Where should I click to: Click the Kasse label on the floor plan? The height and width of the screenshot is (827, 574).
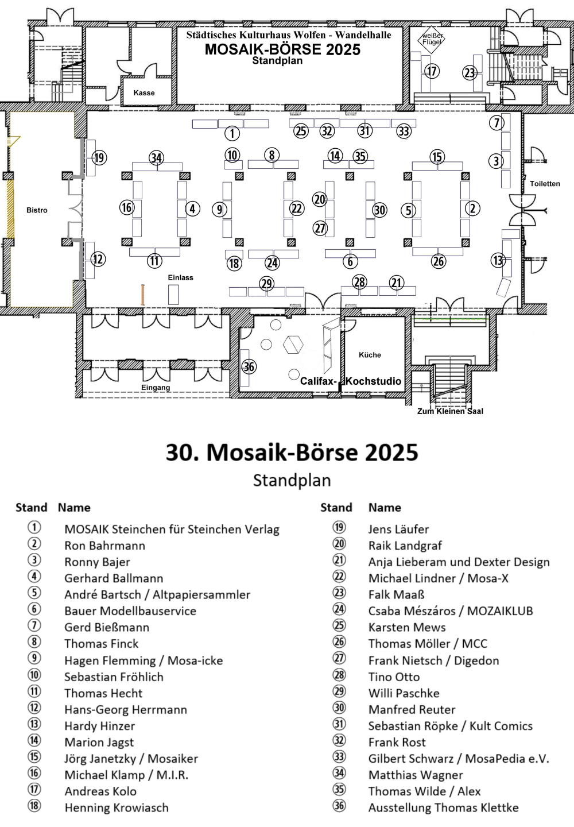tap(144, 92)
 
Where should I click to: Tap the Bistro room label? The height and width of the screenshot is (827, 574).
tap(37, 210)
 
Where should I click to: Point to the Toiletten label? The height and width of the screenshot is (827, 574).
tap(545, 184)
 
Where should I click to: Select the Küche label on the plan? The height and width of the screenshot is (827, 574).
tap(370, 355)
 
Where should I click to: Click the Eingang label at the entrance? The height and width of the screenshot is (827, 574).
tap(156, 388)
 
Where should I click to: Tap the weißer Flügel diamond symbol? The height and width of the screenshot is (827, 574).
tap(431, 39)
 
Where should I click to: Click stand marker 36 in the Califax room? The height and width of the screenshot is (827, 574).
tap(249, 366)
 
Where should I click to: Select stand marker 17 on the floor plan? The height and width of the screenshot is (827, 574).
tap(432, 71)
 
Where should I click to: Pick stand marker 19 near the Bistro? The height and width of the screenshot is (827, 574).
tap(99, 158)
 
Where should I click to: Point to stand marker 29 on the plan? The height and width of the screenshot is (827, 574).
tap(267, 284)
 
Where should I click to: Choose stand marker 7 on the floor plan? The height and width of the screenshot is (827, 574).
tap(497, 122)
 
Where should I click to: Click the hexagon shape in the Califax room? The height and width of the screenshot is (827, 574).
tap(293, 345)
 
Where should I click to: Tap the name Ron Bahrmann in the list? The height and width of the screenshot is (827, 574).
tap(105, 546)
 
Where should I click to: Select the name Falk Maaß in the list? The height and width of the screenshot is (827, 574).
tap(396, 595)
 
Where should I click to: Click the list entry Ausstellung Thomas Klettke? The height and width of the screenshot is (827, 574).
tap(443, 807)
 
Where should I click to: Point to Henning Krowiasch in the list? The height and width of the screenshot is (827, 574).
tap(117, 807)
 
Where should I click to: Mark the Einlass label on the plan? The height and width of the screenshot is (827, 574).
tap(180, 277)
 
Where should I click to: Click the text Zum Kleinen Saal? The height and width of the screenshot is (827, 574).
tap(450, 411)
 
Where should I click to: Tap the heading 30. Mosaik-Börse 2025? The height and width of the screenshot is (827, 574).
tap(292, 453)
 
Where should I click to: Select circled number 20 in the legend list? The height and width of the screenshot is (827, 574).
tap(339, 544)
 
